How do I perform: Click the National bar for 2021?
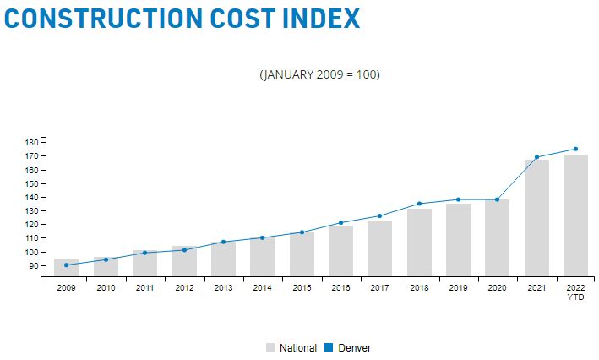(x=536, y=217)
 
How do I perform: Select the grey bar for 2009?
(x=66, y=268)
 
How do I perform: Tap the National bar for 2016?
(x=340, y=251)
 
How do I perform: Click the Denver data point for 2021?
(x=536, y=157)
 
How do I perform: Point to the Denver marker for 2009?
(x=66, y=265)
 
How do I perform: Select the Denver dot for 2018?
(x=419, y=204)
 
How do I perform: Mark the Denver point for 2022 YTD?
(x=575, y=150)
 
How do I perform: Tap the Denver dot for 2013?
(x=223, y=242)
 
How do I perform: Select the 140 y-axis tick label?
(x=34, y=197)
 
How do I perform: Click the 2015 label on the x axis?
(x=302, y=288)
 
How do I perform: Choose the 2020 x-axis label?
(x=497, y=288)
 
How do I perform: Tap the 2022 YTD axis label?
(x=575, y=292)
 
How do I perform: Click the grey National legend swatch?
(x=270, y=347)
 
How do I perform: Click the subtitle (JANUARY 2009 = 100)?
(x=319, y=75)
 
